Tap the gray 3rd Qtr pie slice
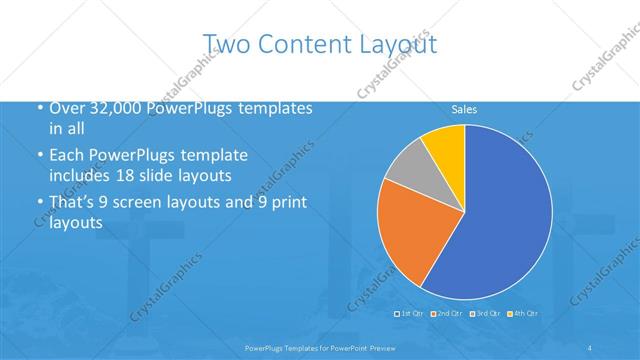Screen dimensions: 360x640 pyautogui.click(x=407, y=166)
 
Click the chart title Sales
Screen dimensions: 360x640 pyautogui.click(x=464, y=108)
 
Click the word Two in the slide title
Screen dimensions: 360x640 pyautogui.click(x=224, y=43)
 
